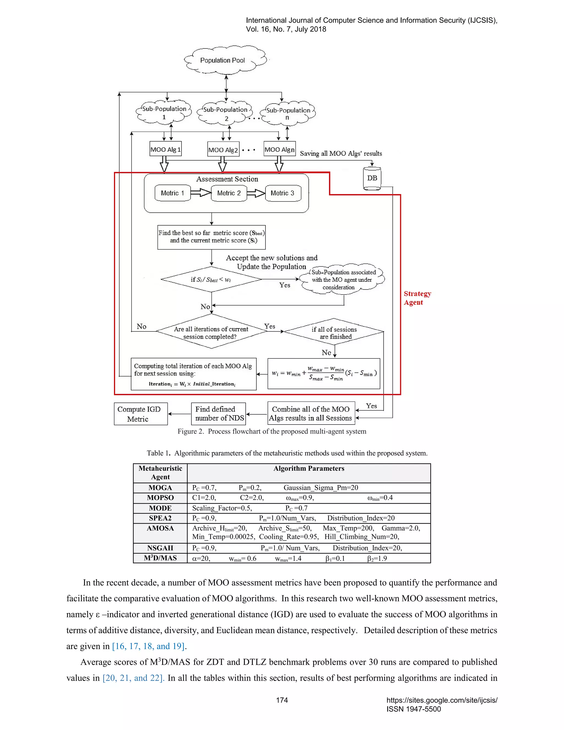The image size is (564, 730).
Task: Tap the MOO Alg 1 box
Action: tap(166, 149)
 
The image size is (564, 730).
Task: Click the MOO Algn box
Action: tap(279, 149)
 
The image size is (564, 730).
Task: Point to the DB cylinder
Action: tap(372, 179)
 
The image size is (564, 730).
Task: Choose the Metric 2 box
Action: tap(229, 193)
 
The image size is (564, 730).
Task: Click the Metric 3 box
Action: tap(283, 193)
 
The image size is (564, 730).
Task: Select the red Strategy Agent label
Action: tap(417, 298)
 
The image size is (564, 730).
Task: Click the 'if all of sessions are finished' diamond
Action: tap(334, 332)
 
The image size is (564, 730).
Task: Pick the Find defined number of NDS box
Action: tap(218, 413)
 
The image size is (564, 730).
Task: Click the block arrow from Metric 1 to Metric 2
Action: tap(201, 193)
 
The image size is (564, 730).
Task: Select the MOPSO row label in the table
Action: tap(160, 498)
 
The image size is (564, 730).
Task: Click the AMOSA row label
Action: tap(160, 528)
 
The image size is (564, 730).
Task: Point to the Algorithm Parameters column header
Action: tap(309, 468)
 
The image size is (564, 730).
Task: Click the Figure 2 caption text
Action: tap(272, 431)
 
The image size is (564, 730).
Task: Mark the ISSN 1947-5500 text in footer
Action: tap(414, 709)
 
